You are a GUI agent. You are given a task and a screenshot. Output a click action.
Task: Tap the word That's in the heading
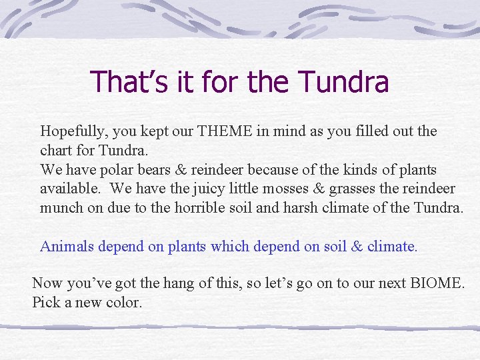tap(123, 82)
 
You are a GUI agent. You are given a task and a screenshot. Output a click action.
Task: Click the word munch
tap(62, 207)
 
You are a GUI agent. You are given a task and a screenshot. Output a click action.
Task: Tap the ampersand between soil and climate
tap(356, 246)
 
